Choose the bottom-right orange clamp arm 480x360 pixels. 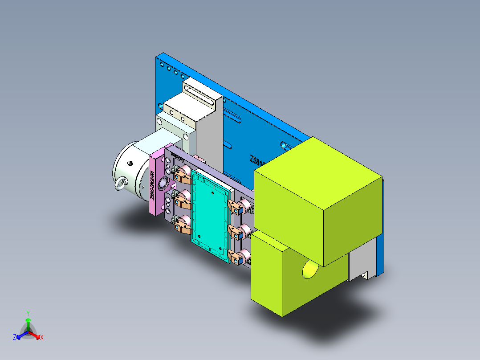point(234,257)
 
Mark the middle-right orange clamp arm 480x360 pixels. point(234,231)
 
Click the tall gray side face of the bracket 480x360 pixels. point(209,134)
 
